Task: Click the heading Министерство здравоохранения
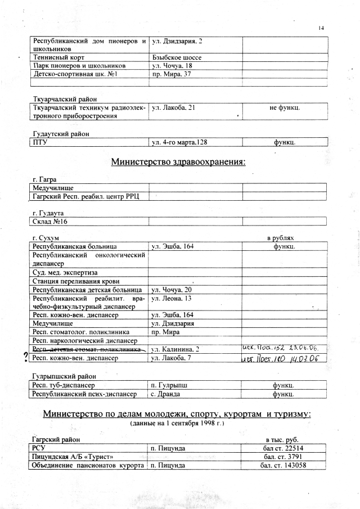tap(178, 163)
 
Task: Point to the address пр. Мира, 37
tap(172, 74)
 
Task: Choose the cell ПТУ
tap(40, 142)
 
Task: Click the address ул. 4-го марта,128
tap(181, 142)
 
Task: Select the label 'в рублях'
tap(281, 238)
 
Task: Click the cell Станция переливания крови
tap(77, 281)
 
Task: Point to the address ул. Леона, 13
tap(172, 298)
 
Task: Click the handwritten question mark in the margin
tap(25, 356)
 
